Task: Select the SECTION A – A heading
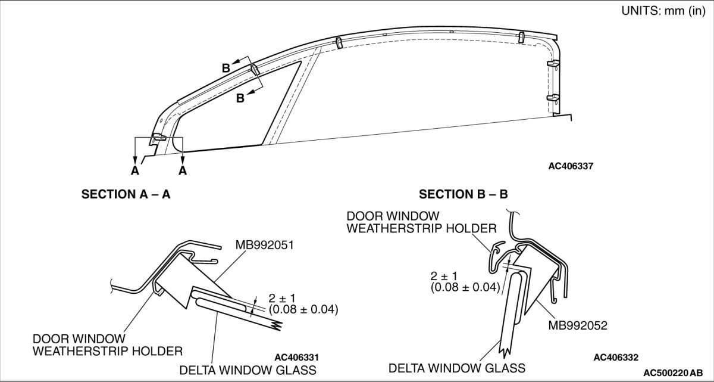(x=126, y=194)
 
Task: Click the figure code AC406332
(x=615, y=357)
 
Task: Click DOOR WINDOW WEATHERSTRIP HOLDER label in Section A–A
(x=107, y=344)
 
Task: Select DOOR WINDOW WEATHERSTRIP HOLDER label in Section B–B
(x=421, y=221)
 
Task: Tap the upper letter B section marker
(x=226, y=68)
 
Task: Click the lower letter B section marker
(x=240, y=98)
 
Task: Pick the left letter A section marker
(x=135, y=170)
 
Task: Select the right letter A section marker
(x=182, y=170)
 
